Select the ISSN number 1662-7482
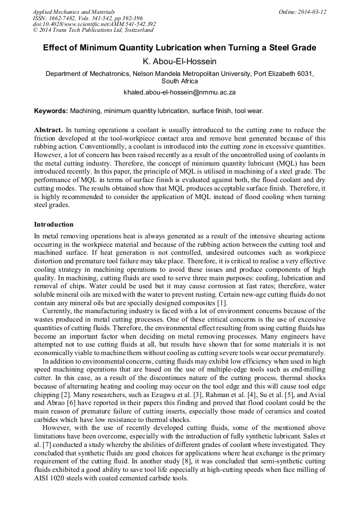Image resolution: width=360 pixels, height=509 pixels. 65,18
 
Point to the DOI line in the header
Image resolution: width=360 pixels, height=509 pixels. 94,24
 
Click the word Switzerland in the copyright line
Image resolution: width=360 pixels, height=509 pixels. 134,30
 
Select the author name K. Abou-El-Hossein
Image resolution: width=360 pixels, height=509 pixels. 179,62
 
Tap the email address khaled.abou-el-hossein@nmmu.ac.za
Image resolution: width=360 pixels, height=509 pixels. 179,92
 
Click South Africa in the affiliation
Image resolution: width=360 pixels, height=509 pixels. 179,81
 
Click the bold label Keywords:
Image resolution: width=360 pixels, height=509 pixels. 51,111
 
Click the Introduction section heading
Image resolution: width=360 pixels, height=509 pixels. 54,225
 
